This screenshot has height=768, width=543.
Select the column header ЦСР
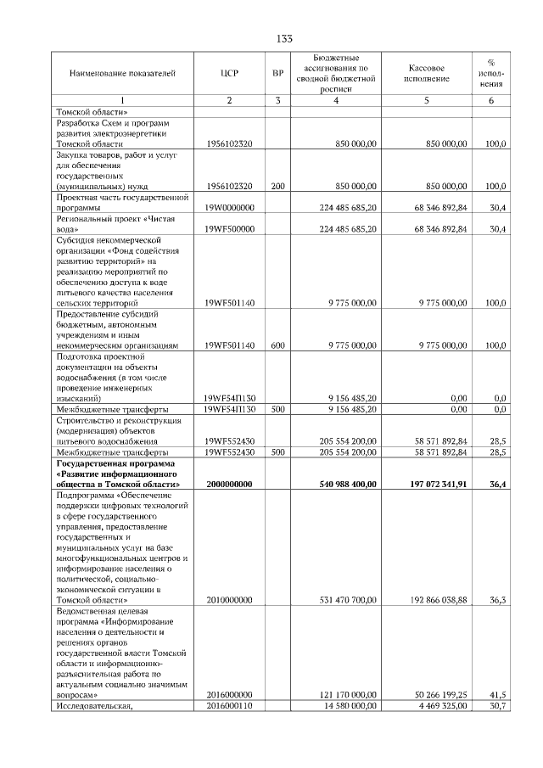pos(229,74)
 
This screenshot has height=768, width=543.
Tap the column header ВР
pos(277,74)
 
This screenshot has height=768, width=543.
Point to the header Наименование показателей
pos(122,74)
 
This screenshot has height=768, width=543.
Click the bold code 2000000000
pos(229,483)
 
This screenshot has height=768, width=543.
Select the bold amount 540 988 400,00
pos(343,483)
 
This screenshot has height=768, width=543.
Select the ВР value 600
pos(277,345)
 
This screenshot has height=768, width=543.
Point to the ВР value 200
pos(277,185)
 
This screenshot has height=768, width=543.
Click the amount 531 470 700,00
pos(344,599)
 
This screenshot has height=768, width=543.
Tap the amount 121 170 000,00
pos(344,693)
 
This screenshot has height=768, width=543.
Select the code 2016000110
pos(229,704)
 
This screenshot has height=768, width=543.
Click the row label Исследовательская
pos(94,704)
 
